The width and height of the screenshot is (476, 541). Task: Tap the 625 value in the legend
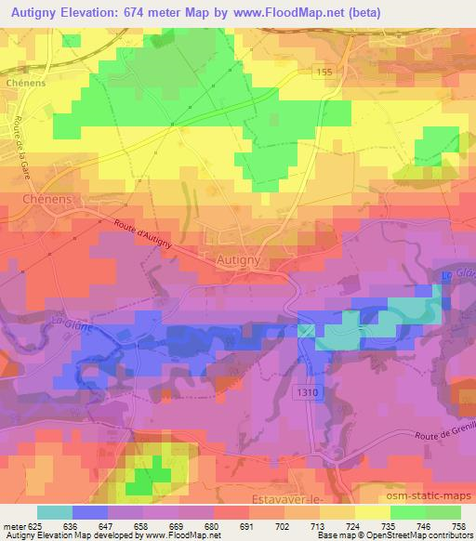(x=35, y=525)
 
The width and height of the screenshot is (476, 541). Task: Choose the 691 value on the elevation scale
(x=247, y=525)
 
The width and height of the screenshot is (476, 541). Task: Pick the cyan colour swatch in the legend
(x=55, y=512)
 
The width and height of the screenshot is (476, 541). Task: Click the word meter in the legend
(x=13, y=525)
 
